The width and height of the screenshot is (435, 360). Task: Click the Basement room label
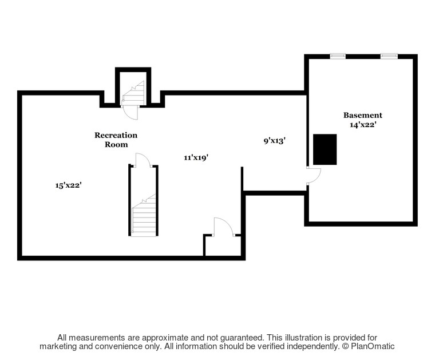click(362, 115)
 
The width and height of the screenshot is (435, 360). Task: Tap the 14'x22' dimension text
click(363, 125)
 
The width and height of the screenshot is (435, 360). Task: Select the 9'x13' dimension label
click(275, 141)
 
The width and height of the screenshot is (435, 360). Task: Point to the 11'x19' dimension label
click(196, 157)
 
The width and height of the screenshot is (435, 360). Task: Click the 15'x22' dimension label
click(68, 185)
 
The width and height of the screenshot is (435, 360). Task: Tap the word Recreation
click(116, 135)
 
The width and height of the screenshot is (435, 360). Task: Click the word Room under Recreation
click(116, 144)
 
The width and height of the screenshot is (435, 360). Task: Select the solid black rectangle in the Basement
click(325, 149)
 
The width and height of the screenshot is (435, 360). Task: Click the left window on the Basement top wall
click(338, 56)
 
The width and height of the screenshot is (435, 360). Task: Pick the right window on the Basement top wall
click(389, 56)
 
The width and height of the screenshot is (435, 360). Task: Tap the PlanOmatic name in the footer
click(373, 346)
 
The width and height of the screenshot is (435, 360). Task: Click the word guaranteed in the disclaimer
click(241, 338)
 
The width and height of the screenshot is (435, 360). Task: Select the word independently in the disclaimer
click(312, 346)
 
